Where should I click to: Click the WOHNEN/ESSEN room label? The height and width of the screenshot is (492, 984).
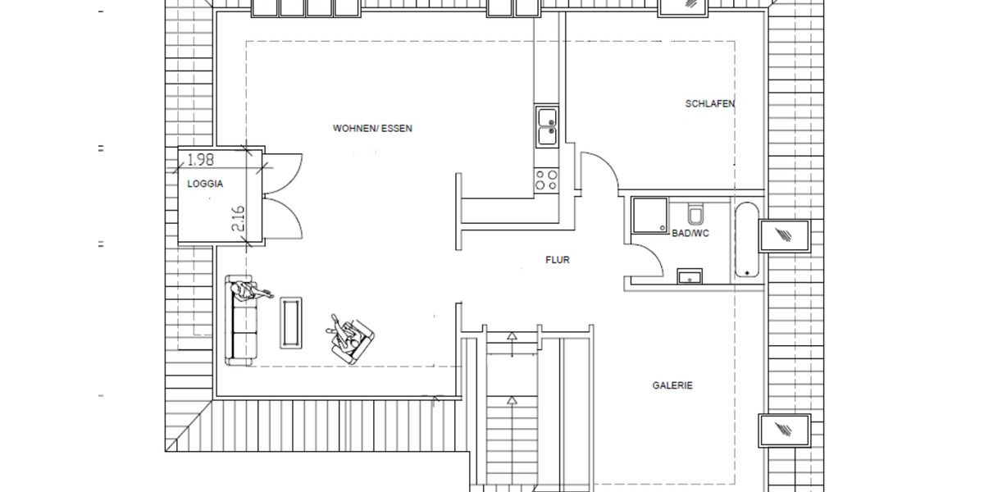(372, 129)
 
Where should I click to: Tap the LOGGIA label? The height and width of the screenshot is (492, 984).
(205, 184)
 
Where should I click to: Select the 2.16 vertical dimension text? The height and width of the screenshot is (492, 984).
(238, 219)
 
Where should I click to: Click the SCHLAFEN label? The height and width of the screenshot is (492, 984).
(710, 104)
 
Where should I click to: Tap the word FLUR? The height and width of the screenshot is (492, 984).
(558, 260)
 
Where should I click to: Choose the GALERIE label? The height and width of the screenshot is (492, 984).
(672, 385)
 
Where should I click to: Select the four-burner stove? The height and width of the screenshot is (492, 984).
(547, 180)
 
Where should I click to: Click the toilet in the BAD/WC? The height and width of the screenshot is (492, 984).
(696, 215)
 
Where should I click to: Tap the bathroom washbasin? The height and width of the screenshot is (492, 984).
(690, 276)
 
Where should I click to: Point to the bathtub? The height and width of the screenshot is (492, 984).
(747, 239)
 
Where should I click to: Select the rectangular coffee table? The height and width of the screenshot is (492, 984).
(291, 321)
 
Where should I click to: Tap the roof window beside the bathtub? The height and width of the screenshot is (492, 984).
(786, 237)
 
